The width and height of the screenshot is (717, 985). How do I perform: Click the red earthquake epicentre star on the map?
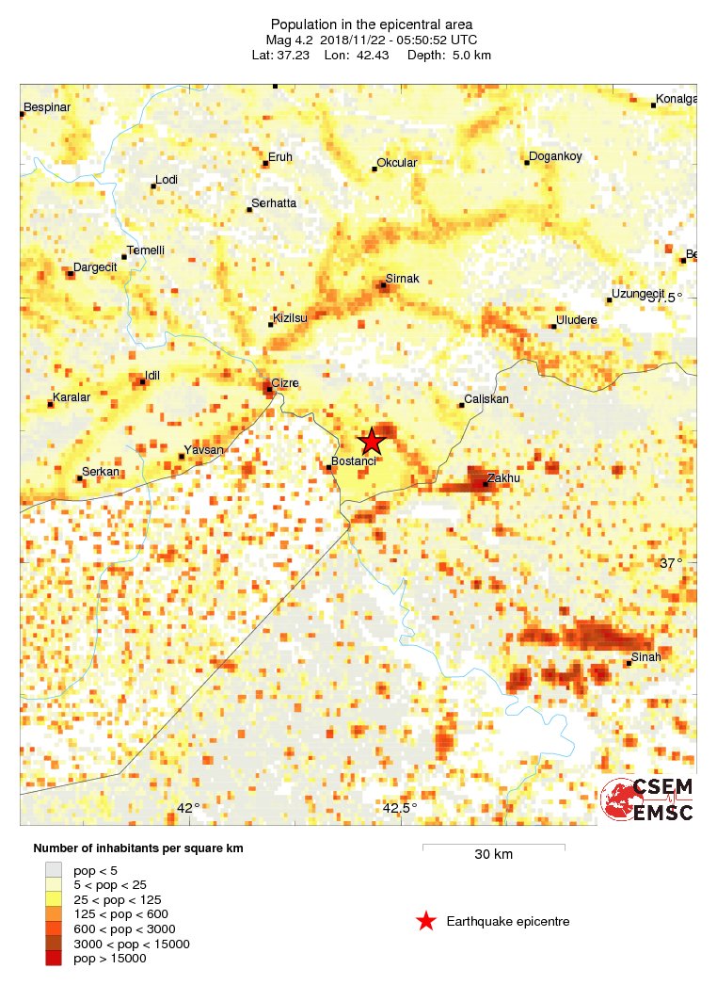[x=372, y=441]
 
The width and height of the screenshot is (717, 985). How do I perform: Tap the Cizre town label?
[x=285, y=383]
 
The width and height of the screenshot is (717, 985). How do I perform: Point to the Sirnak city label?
[x=402, y=280]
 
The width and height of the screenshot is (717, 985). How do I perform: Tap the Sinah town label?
[x=646, y=657]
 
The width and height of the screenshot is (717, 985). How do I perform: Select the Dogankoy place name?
[x=556, y=156]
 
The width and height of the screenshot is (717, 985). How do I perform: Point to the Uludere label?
[x=577, y=321]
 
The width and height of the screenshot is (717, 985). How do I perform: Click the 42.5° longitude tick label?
[x=399, y=809]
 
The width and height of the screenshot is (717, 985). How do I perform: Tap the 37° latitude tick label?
[x=670, y=563]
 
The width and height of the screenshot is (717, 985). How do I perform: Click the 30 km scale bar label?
[x=493, y=855]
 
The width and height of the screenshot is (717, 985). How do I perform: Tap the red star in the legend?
[x=426, y=922]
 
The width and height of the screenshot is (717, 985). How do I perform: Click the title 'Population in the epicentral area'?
[x=372, y=24]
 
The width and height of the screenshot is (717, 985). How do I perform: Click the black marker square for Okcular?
[x=374, y=170]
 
